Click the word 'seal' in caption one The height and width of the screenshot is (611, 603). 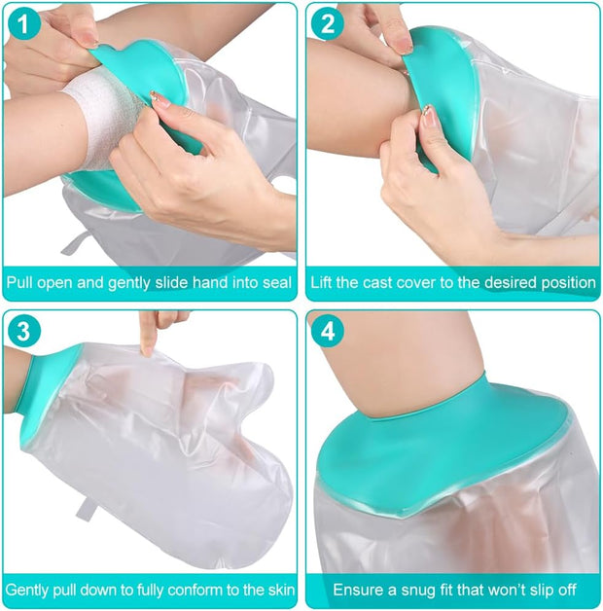pos(273,283)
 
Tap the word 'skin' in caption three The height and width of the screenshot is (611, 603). pos(274,590)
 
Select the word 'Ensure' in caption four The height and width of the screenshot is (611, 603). pos(358,590)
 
